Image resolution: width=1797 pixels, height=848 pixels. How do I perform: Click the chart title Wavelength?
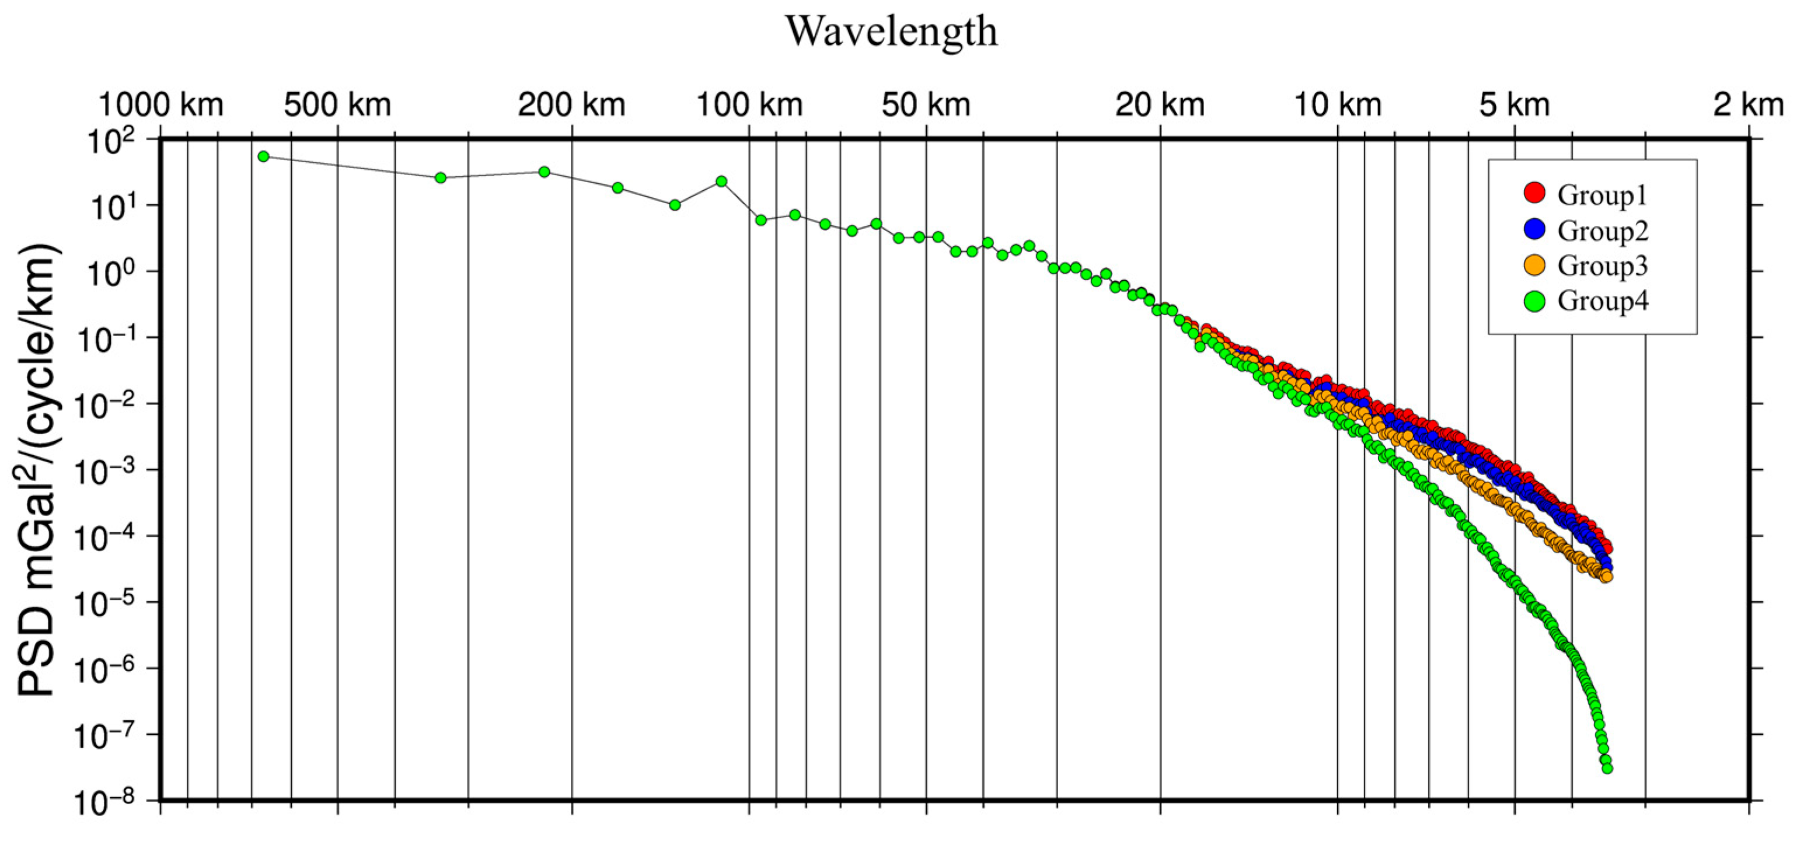(x=892, y=32)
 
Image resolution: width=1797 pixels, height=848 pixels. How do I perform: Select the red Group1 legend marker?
(x=1534, y=193)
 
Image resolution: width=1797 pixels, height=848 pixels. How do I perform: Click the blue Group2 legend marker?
(x=1534, y=229)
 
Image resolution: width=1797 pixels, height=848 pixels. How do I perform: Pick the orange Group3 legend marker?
(x=1534, y=265)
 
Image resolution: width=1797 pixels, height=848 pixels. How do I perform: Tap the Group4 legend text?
(x=1603, y=301)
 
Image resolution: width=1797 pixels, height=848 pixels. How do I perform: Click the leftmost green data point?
(x=263, y=156)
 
